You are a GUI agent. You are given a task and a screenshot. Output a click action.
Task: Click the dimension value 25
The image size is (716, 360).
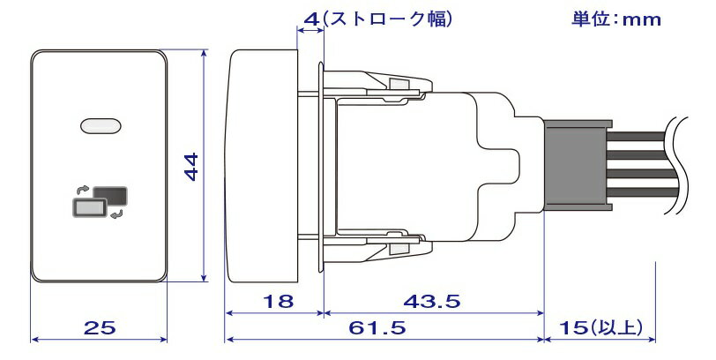[100, 327]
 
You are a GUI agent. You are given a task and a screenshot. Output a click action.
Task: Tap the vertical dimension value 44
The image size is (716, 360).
[191, 167]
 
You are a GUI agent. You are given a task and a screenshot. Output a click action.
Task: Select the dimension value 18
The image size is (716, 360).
[278, 302]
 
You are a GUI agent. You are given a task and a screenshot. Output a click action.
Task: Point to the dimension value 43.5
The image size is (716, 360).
[432, 302]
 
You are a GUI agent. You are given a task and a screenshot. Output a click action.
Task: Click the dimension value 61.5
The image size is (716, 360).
[377, 327]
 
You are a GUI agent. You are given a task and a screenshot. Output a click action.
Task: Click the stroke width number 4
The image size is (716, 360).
[311, 19]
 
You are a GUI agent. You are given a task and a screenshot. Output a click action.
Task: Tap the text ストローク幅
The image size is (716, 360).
[388, 19]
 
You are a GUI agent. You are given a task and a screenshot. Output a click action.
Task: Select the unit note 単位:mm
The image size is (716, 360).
[616, 19]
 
